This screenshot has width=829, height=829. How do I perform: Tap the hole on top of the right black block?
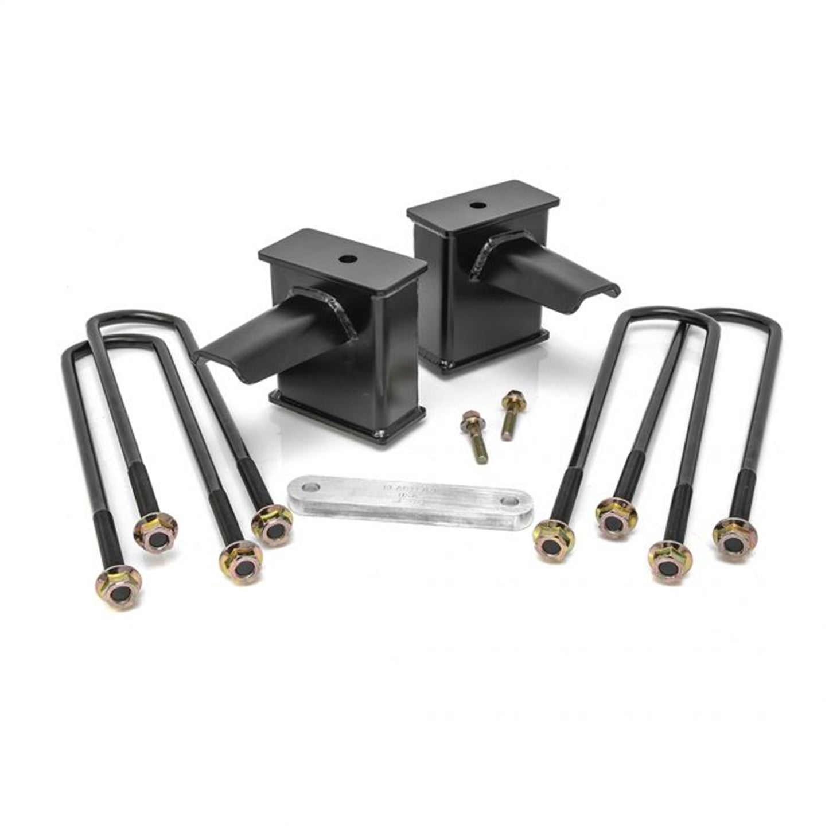pyautogui.click(x=477, y=204)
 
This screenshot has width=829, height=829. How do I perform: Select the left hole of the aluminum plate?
pyautogui.click(x=310, y=489)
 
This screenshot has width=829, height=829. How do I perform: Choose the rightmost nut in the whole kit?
pyautogui.click(x=735, y=537)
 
